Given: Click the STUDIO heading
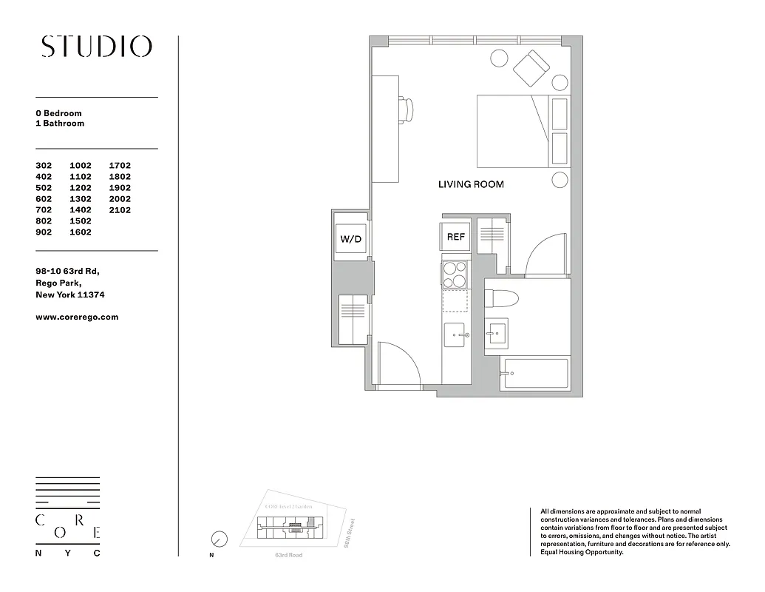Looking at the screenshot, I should click(x=97, y=47).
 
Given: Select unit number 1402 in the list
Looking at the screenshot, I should click(x=81, y=210).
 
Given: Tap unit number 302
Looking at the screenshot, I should click(x=46, y=166).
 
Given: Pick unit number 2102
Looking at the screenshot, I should click(x=120, y=210).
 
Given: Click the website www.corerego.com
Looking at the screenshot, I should click(x=77, y=317).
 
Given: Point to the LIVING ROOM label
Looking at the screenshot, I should click(x=471, y=184).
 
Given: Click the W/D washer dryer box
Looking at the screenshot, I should click(x=350, y=239).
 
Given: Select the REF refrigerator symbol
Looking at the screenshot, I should click(x=456, y=237).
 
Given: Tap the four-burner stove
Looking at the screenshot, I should click(x=455, y=275).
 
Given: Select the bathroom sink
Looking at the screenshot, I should click(x=496, y=334).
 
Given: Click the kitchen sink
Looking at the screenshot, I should click(x=455, y=335).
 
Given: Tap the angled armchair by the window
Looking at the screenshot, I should click(x=531, y=69).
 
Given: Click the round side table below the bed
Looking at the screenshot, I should click(x=560, y=180).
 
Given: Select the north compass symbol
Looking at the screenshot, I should click(x=219, y=539).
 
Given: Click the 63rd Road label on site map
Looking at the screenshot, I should click(x=288, y=554).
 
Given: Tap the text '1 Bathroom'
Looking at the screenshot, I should click(x=60, y=124).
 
